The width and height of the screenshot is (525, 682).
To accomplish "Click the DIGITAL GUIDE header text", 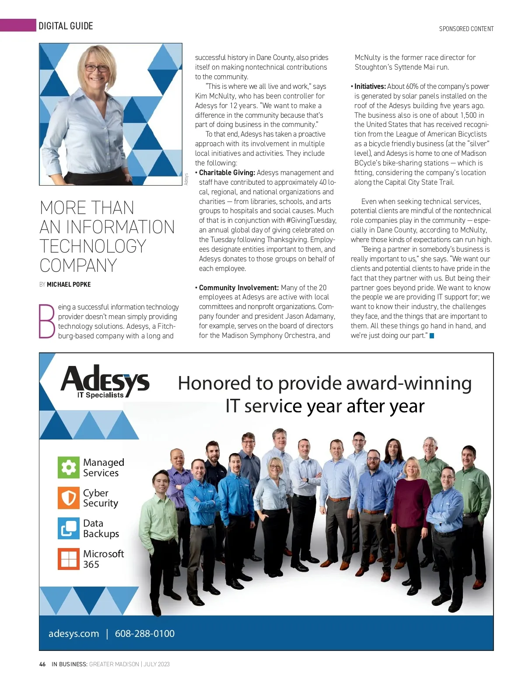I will coord(66,26).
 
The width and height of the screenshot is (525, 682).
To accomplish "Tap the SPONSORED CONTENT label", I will coord(466,29).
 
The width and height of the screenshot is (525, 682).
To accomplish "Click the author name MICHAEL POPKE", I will coord(69,285).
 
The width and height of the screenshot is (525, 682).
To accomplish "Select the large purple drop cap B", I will coord(47,321).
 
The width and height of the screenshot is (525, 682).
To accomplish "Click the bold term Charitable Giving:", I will coord(227,173).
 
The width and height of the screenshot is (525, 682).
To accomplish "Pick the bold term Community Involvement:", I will coord(238,288).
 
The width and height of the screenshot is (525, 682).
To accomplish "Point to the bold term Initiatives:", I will coord(370,87).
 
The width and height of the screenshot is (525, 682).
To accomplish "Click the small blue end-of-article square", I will coord(432,336).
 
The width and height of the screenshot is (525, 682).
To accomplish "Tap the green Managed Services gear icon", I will coord(68,468).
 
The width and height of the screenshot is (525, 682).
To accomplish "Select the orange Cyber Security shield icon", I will coord(68,498).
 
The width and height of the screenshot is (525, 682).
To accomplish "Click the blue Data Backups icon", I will coord(68,528).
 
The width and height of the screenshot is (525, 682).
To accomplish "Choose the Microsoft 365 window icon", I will coord(68,559).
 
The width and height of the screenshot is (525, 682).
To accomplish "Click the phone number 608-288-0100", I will coord(144,633).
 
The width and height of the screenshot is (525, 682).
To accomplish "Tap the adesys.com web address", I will coord(73,633).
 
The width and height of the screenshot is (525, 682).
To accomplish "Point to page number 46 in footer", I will coord(42,664).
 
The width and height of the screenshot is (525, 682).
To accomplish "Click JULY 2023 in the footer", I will coord(157,664).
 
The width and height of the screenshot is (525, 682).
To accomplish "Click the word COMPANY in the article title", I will coord(78,266).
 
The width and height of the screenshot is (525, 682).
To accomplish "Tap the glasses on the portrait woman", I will coord(96,68).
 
